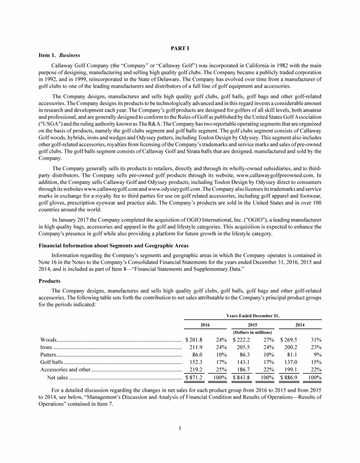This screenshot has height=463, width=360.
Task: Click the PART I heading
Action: (x=180, y=48)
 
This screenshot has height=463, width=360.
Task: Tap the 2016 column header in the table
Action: (x=205, y=325)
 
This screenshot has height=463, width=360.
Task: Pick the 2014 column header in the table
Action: (x=299, y=325)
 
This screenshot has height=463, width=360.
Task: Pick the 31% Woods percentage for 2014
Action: (x=315, y=340)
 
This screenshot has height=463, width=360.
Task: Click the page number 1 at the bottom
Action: (x=180, y=428)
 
